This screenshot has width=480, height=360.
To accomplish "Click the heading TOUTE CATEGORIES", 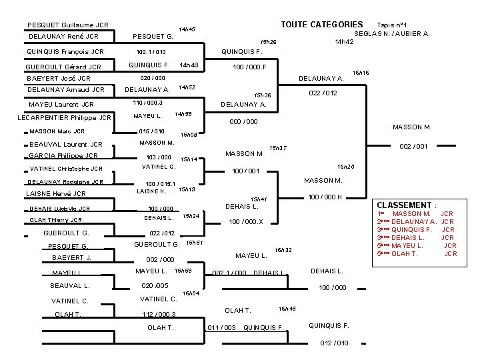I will tap(321, 24).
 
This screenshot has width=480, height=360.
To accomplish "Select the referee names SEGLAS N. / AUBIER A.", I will tap(391, 33).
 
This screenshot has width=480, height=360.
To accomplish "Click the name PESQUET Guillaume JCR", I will tap(68, 25).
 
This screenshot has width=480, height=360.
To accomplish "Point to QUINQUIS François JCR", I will tap(65, 51).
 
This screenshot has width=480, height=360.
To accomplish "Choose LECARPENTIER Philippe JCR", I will tap(64, 118).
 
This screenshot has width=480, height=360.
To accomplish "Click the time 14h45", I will tap(187, 29).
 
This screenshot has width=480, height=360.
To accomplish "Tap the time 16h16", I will tap(361, 72).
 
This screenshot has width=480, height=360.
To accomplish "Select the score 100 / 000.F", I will tap(249, 67).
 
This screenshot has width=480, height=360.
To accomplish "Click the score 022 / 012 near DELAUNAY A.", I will tap(322, 93).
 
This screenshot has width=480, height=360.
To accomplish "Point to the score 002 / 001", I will tap(413, 145).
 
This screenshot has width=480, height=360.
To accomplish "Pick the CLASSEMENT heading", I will tap(407, 205).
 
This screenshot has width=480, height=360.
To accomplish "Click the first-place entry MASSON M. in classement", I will tap(411, 213).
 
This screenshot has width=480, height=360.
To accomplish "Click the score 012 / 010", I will tap(334, 343).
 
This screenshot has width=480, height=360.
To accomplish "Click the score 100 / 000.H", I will tap(325, 196).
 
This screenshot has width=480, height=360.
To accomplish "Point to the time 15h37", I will tap(277, 147).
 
